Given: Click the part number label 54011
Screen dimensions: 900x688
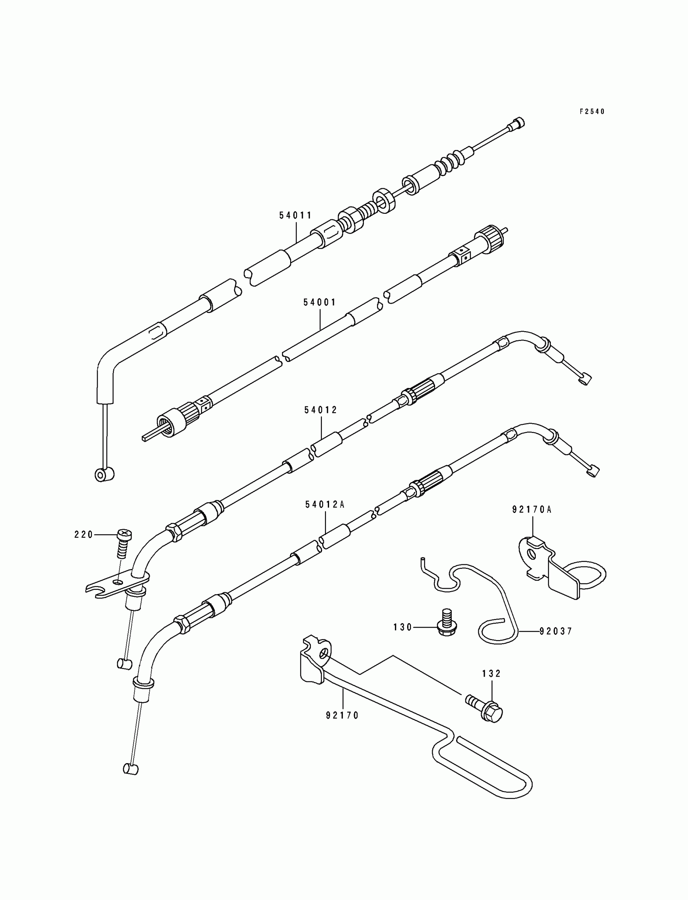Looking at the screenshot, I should click(x=295, y=215).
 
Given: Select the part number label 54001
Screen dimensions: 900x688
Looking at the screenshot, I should click(x=319, y=302).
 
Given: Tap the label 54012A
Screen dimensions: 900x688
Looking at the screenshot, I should click(x=325, y=505).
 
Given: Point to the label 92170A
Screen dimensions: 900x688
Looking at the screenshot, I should click(x=531, y=510).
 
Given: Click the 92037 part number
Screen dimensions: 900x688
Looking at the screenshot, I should click(x=556, y=631).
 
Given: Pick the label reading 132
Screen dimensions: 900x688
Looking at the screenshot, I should click(x=491, y=673).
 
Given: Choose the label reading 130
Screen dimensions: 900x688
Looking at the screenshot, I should click(x=403, y=627).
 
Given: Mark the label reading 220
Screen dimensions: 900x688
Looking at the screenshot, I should click(x=83, y=534).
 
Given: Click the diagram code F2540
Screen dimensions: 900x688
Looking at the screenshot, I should click(x=592, y=111).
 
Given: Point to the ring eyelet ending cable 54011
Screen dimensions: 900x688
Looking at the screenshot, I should click(x=104, y=475).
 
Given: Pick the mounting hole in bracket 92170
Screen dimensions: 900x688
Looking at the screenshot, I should click(x=324, y=654).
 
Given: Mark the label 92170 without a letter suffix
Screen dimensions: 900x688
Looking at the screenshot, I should click(x=342, y=715).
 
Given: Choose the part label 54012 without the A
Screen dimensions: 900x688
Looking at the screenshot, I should click(x=321, y=410).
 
